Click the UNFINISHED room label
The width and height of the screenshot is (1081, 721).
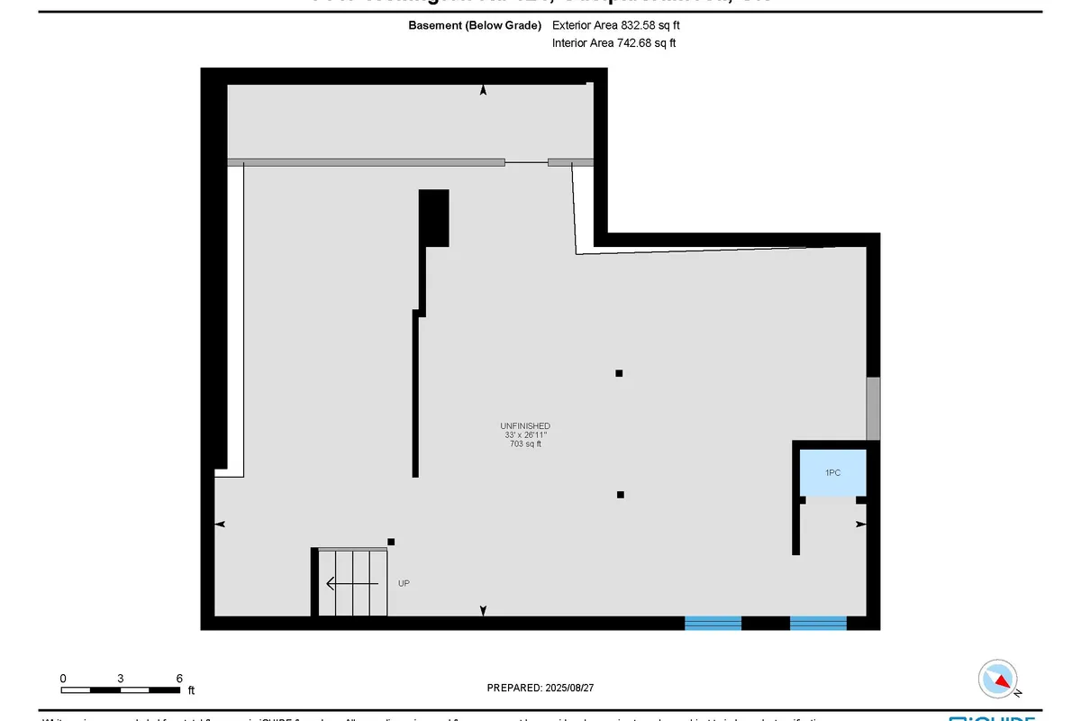(525, 425)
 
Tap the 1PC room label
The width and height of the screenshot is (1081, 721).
(833, 472)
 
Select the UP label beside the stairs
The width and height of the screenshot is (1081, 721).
(404, 584)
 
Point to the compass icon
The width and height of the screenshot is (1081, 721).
(998, 679)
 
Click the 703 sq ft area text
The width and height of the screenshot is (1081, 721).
(525, 443)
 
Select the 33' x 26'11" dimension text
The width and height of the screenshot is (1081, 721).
(525, 434)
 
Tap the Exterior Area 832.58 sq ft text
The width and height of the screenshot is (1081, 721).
(615, 25)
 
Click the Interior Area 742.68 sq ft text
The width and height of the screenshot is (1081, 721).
(613, 42)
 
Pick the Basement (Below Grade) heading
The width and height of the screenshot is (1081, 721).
(475, 25)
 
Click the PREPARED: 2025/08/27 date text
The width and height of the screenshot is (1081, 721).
(540, 688)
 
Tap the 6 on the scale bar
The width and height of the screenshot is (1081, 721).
(179, 678)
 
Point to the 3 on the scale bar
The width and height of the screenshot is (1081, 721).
(120, 678)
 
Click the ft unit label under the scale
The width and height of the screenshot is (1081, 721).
(191, 691)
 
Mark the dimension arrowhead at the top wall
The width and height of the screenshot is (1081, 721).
(484, 90)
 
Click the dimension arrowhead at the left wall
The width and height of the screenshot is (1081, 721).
(219, 524)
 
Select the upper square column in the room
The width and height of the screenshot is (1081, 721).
(619, 373)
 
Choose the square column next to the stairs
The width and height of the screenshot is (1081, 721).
(391, 542)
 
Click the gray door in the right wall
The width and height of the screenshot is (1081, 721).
(873, 409)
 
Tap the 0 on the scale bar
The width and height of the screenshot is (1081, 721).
(63, 678)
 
